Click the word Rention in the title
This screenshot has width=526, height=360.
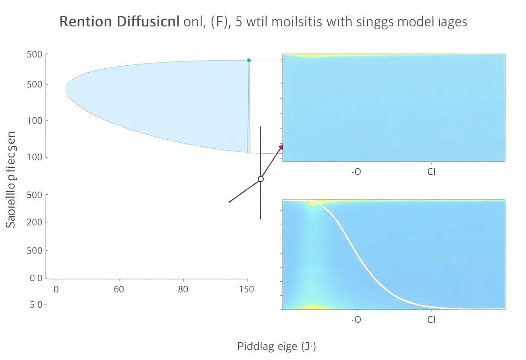[85, 22]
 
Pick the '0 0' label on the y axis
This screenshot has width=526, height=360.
[36, 278]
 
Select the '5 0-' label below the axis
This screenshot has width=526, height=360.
[38, 305]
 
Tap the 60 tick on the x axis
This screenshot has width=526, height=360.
[119, 289]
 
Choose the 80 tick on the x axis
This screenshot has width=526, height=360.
[183, 289]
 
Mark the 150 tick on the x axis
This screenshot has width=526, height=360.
[247, 289]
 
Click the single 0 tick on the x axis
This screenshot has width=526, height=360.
[55, 289]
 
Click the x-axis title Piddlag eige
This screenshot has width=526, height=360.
[277, 346]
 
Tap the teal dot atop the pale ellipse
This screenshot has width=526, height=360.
[249, 60]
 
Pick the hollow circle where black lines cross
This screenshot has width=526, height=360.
[260, 179]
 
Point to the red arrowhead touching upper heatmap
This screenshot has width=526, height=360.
[281, 147]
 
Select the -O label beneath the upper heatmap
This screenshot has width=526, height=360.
[356, 172]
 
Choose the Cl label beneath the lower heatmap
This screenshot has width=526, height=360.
[431, 320]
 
